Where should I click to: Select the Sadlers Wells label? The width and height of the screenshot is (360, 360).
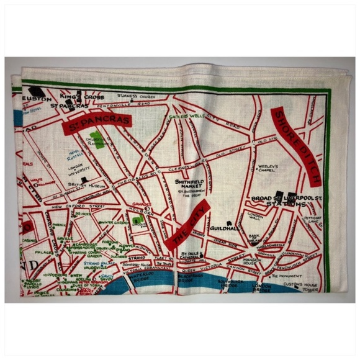tap(186, 117)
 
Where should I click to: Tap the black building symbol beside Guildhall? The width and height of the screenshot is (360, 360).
tap(228, 222)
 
